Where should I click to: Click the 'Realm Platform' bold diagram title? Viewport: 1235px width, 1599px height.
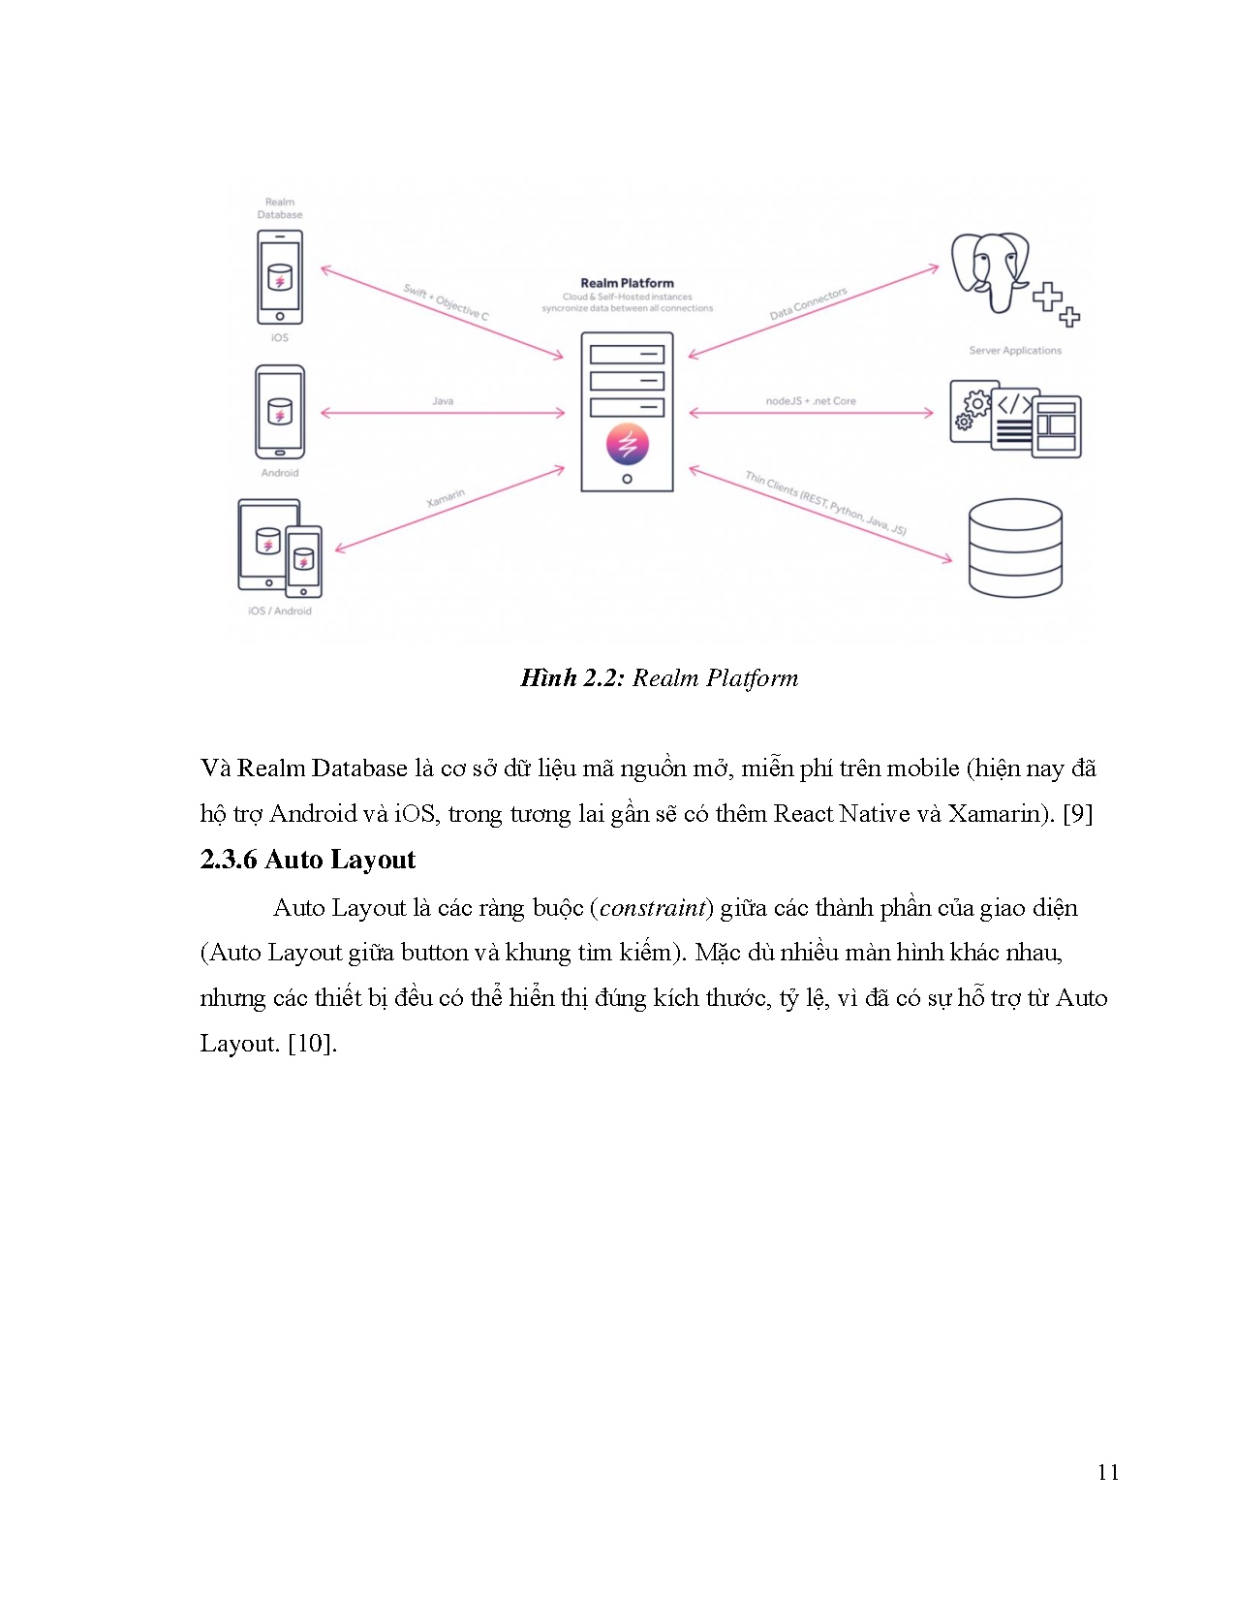tap(627, 283)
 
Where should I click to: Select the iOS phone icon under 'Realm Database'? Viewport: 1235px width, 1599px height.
tap(280, 277)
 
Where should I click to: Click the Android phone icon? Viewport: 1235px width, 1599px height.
tap(280, 412)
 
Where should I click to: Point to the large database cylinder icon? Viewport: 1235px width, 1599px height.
tap(1015, 548)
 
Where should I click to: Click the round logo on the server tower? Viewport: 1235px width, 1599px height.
tap(627, 444)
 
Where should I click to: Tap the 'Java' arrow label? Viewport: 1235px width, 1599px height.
tap(443, 400)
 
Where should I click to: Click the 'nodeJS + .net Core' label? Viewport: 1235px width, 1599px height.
tap(811, 400)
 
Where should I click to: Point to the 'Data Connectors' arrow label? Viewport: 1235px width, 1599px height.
tap(808, 303)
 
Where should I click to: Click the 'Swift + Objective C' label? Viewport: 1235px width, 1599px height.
tap(447, 302)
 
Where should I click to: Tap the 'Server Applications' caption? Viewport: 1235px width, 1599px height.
tap(1015, 351)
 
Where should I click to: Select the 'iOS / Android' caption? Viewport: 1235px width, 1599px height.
tap(280, 611)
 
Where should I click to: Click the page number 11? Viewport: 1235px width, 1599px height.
tap(1108, 1472)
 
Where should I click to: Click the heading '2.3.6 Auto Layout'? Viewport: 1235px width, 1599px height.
tap(308, 860)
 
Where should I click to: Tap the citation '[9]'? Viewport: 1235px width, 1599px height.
tap(1078, 814)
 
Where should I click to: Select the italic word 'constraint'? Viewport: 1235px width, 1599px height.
tap(652, 908)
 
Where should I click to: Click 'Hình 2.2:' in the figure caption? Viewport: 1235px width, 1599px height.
tap(572, 678)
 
